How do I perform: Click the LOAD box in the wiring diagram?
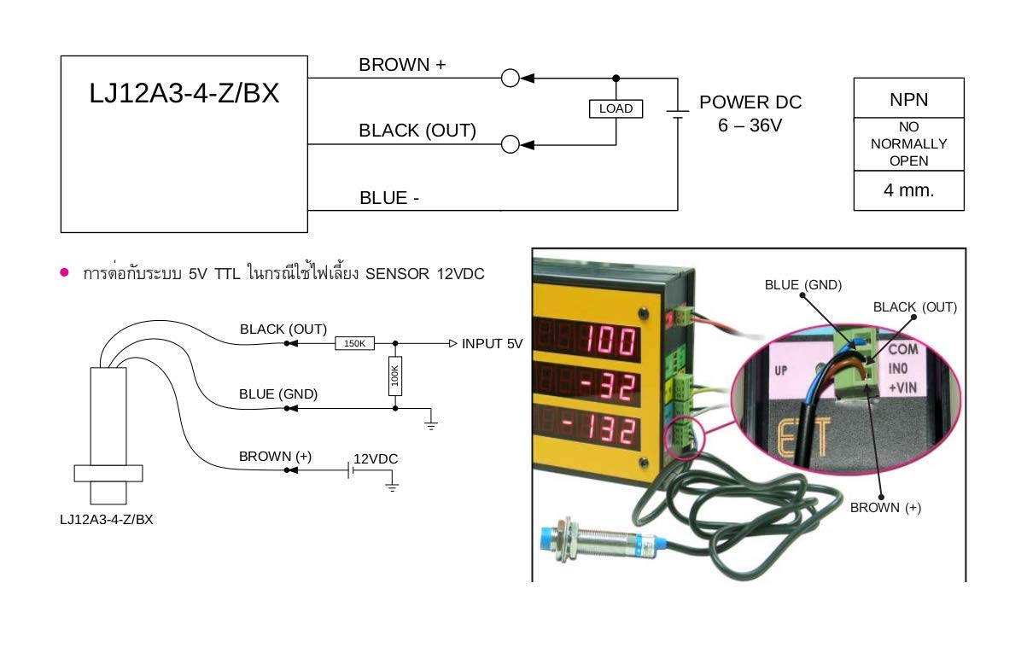coord(616,108)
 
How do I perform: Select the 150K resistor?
coord(354,343)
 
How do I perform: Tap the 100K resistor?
coord(394,376)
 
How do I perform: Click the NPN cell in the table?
coord(908,99)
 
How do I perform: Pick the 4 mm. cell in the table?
coord(908,190)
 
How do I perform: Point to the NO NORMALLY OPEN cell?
coord(908,143)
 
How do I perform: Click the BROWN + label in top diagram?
coord(402,65)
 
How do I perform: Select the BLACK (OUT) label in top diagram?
coord(417,131)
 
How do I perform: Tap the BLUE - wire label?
coord(389,198)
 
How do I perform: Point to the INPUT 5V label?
coord(492,344)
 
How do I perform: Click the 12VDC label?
coord(376,458)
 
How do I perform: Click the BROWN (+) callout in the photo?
coord(885,507)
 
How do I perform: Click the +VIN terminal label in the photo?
coord(904,388)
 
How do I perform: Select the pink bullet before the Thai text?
coord(64,272)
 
